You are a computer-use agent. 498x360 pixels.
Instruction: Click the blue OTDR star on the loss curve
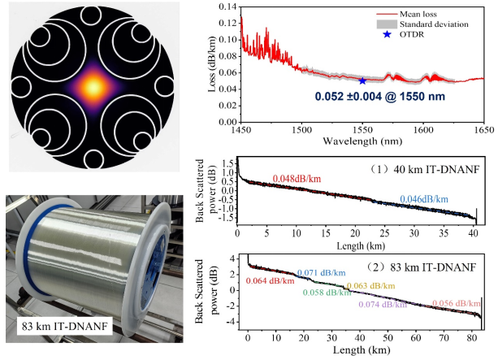362,80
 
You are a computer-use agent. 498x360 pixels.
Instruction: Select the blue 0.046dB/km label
423,199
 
